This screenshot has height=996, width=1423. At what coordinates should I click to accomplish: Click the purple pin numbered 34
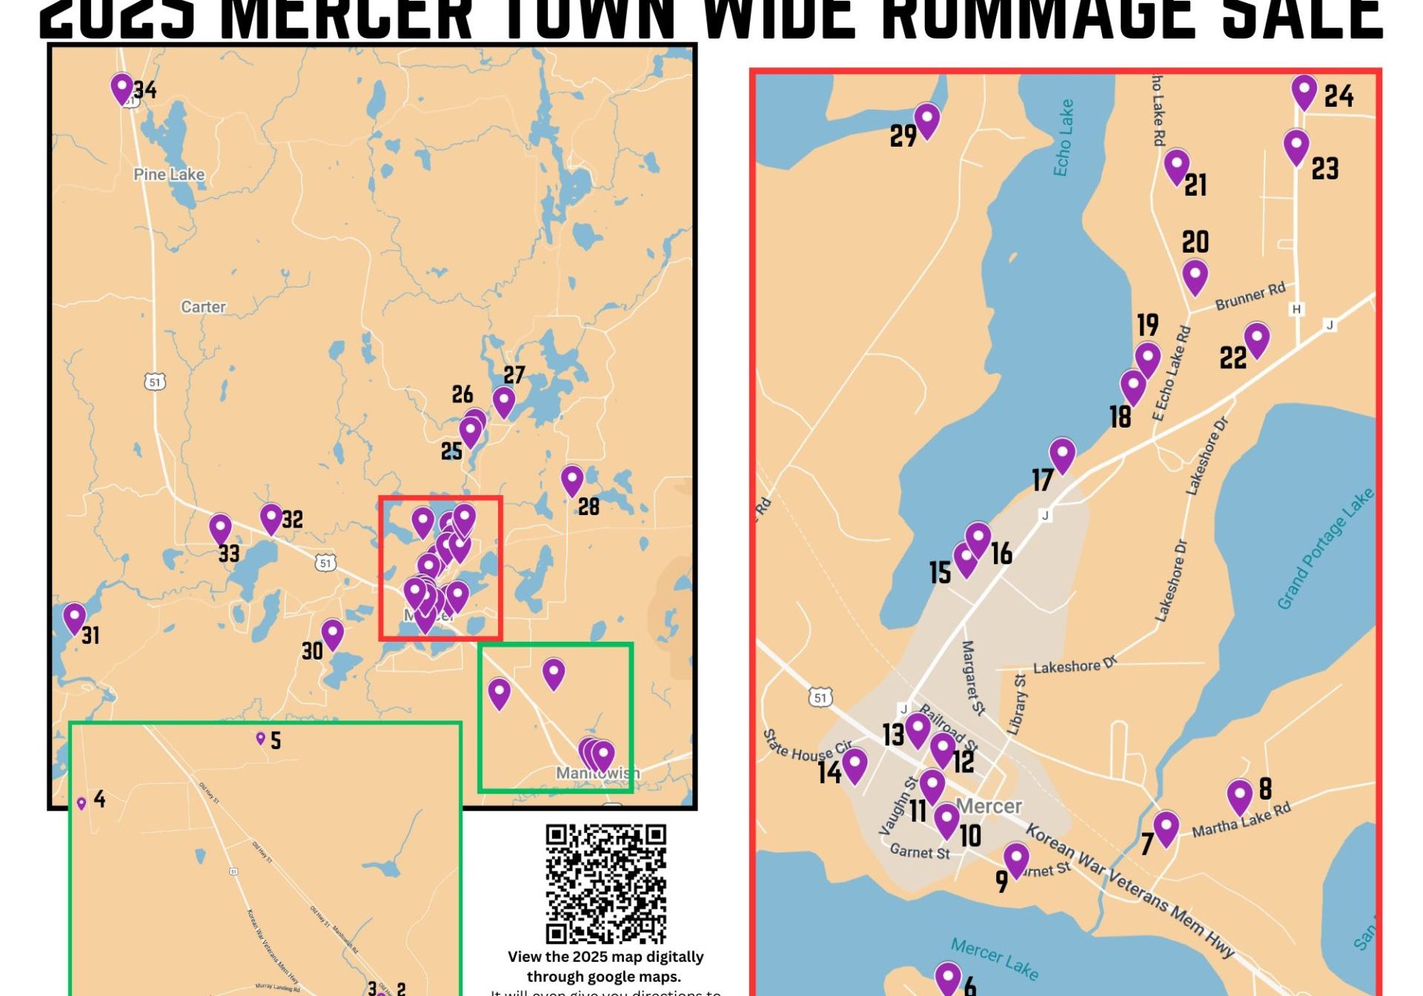point(122,87)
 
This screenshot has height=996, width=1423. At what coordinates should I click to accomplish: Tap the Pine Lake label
point(169,175)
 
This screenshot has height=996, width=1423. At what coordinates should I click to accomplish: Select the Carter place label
point(203,307)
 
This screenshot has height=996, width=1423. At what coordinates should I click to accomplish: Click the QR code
point(606,883)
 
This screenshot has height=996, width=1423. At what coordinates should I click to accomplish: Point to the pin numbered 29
point(926,119)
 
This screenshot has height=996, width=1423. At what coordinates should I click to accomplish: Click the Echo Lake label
point(1064,138)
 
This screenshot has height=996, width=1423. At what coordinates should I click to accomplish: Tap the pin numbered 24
point(1304,91)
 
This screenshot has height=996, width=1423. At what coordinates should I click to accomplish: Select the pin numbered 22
point(1256,339)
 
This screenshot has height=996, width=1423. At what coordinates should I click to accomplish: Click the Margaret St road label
point(972,678)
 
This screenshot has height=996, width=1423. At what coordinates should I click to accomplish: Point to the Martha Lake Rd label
point(1241,820)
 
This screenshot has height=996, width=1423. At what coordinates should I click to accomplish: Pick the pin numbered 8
point(1239,795)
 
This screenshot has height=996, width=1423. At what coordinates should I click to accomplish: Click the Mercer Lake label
point(994,959)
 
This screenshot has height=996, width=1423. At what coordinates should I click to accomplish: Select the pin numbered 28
point(571,480)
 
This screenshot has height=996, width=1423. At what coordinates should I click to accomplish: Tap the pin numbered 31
point(74,617)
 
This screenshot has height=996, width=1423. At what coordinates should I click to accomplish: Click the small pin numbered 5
point(260,738)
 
